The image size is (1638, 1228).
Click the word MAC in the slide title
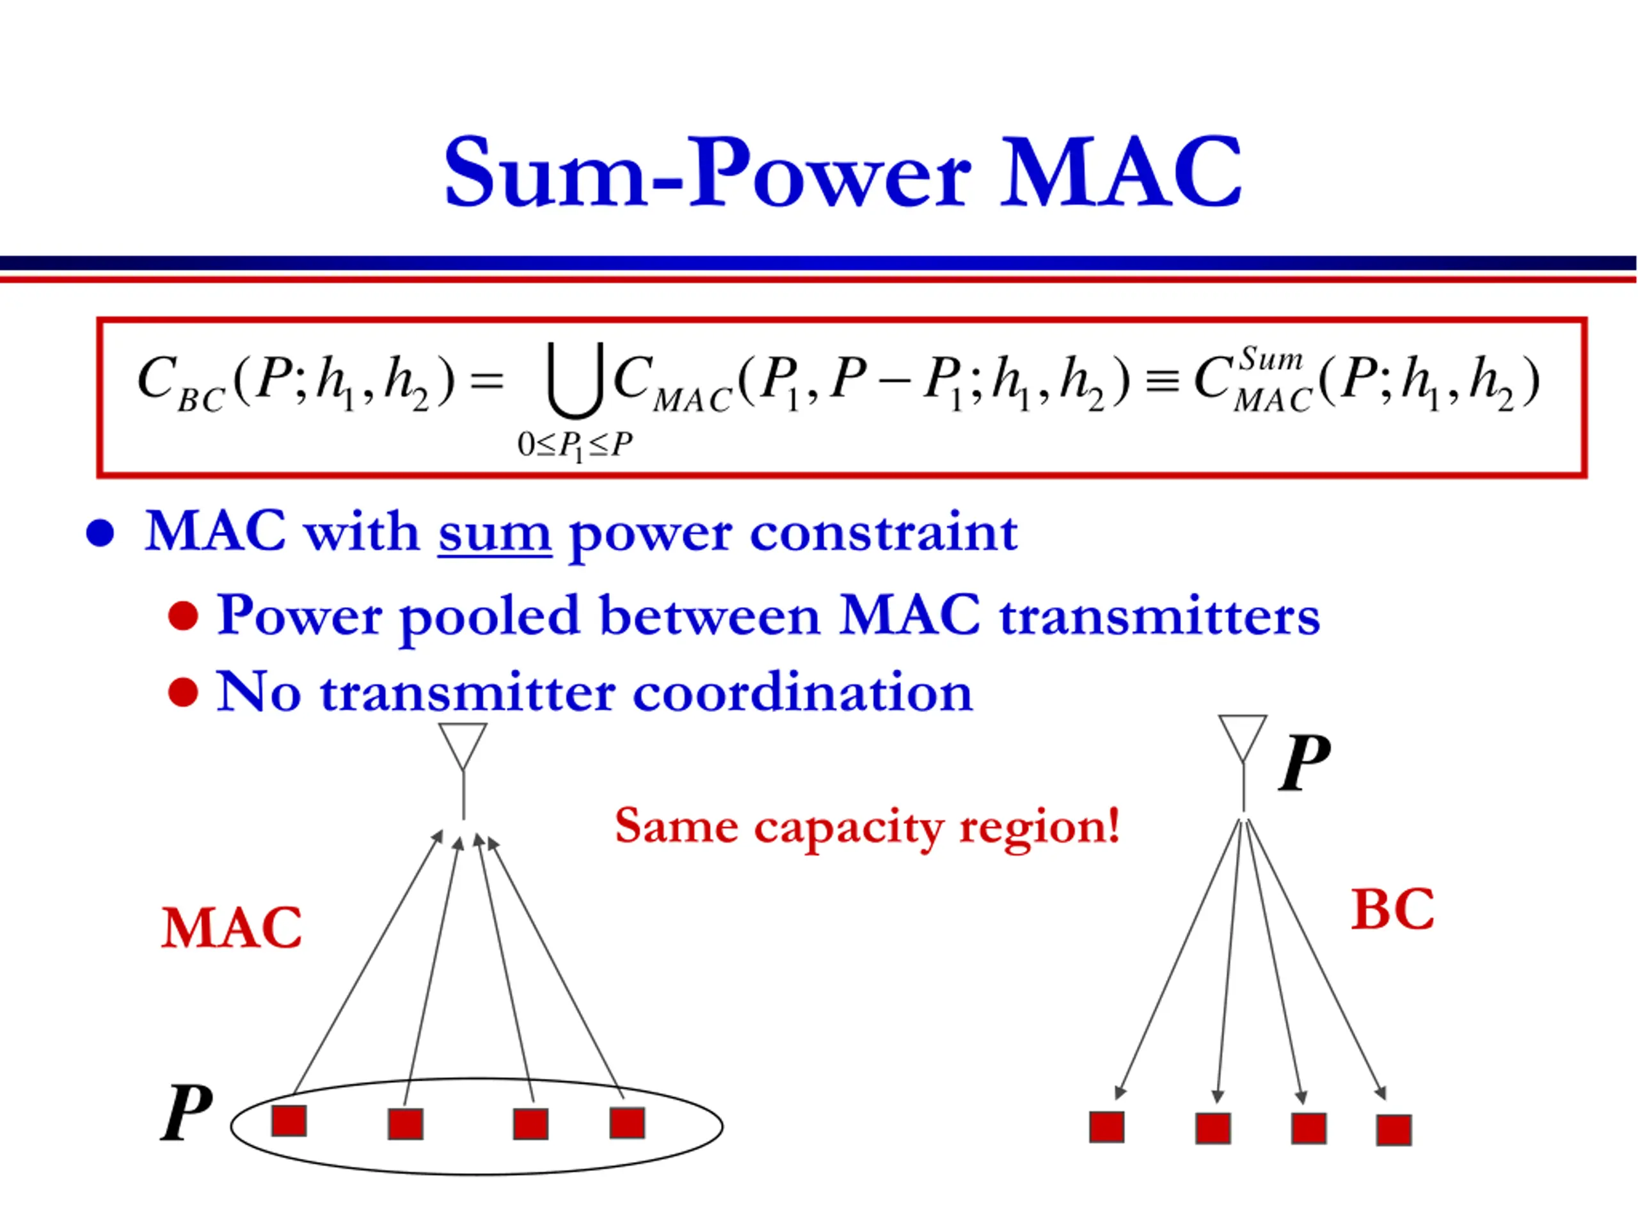point(1120,173)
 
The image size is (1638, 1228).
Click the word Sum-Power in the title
point(707,173)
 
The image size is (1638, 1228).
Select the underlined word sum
point(495,532)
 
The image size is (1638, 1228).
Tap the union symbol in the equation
point(575,381)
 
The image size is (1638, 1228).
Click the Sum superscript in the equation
point(1271,359)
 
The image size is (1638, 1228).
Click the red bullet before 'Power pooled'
point(183,615)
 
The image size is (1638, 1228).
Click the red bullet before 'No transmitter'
point(183,692)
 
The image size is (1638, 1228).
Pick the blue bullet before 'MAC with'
point(100,533)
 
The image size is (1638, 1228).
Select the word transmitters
point(1159,615)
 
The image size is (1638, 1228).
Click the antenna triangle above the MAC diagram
point(463,743)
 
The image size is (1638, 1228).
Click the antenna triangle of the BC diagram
point(1243,735)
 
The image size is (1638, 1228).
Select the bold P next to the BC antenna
point(1304,764)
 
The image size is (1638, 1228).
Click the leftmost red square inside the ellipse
point(289,1121)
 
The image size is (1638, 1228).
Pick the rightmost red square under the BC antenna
point(1394,1130)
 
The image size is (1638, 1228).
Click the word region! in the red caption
point(1039,826)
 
